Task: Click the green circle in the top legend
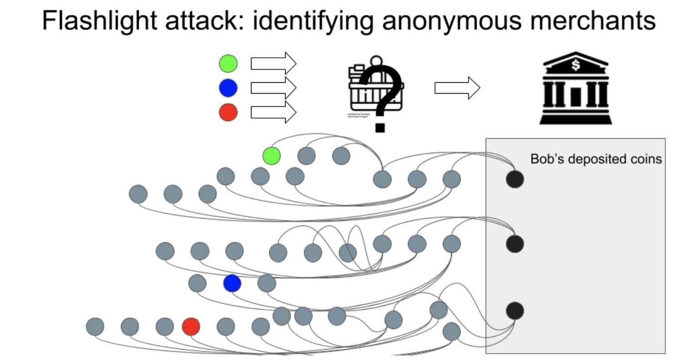(228, 64)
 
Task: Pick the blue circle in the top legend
(228, 88)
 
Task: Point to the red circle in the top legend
(228, 112)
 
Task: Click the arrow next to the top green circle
(273, 63)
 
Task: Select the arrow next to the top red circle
(273, 112)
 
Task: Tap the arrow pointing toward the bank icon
(457, 88)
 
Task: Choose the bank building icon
(575, 89)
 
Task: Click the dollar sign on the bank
(576, 65)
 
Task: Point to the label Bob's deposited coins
(596, 159)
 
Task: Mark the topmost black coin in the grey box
(515, 179)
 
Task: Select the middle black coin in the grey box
(515, 244)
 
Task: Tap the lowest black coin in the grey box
(515, 311)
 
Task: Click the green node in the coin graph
(271, 156)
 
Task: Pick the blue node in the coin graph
(232, 284)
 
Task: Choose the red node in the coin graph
(191, 326)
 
